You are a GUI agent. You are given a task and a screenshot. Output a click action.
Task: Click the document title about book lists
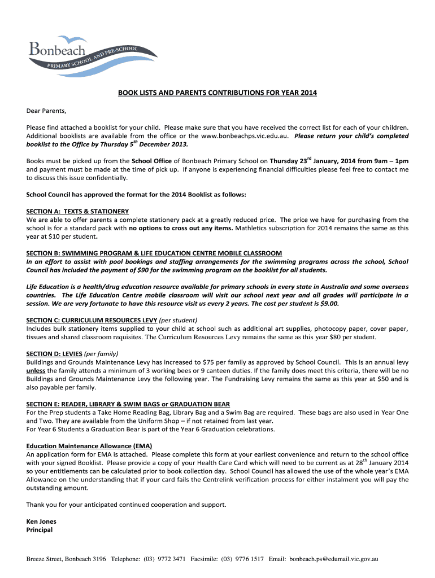pos(217,93)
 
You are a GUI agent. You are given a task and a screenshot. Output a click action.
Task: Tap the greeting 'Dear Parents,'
pos(46,110)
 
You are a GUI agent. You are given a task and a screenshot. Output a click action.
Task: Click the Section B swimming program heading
pos(154,253)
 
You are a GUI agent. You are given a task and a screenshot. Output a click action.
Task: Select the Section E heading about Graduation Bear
pos(128,404)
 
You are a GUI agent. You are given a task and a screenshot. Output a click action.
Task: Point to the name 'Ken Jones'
pos(41,522)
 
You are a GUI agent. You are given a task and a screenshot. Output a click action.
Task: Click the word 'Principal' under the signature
pos(40,530)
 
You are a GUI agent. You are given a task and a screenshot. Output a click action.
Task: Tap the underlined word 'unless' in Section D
pos(36,370)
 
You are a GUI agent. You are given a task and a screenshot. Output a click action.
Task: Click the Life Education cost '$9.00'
pos(328,303)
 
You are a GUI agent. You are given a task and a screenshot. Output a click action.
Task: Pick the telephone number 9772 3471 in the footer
pos(171,559)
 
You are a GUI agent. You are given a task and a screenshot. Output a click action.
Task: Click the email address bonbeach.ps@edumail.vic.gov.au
pos(333,559)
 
